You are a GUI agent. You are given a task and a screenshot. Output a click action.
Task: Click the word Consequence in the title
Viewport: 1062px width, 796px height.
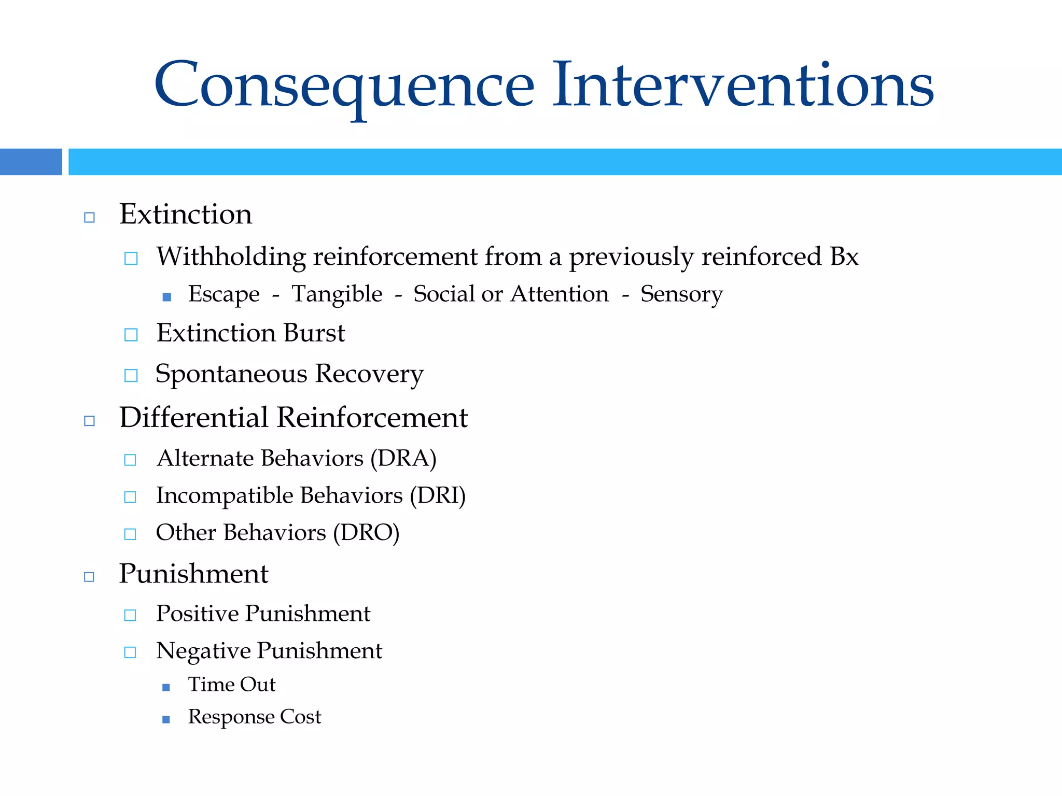coord(344,86)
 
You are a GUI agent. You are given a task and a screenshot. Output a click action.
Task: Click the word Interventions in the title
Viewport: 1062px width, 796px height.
coord(743,86)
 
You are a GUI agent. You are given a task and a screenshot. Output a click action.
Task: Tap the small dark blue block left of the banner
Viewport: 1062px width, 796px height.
coord(31,162)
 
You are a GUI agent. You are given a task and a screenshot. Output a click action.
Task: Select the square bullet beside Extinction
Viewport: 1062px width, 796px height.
coord(89,217)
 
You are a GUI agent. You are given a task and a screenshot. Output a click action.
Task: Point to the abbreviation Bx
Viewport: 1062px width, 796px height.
coord(844,257)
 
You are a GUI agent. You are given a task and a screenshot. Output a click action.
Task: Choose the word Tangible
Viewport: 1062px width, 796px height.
coord(337,294)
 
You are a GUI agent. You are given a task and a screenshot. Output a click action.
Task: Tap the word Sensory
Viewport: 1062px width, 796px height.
coord(681,294)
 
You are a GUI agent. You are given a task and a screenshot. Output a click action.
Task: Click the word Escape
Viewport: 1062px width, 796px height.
coord(223,294)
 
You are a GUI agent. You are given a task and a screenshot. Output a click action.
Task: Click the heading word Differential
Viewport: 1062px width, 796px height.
coord(193,418)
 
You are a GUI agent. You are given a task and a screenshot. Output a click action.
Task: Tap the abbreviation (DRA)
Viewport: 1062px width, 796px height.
coord(403,459)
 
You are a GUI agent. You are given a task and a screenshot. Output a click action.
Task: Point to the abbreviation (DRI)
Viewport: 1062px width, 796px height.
coord(438,496)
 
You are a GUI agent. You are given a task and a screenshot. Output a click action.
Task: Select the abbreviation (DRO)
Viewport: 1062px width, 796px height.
coord(366,533)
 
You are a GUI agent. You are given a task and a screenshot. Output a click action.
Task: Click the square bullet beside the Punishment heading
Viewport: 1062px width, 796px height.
coord(89,577)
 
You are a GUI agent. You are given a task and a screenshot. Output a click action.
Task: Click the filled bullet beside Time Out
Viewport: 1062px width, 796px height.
coord(166,687)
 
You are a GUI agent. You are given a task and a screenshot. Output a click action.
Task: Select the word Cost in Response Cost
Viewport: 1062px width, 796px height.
coord(301,717)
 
